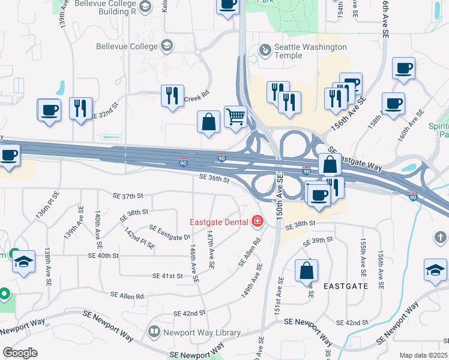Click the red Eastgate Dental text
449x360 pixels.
(x=219, y=222)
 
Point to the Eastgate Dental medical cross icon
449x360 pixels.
(x=258, y=222)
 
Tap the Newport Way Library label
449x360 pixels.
(x=202, y=332)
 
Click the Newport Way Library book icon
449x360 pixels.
(x=155, y=332)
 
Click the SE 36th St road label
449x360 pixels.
(x=214, y=179)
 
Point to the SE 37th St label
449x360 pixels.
(x=128, y=196)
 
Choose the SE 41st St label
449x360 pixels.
(x=168, y=276)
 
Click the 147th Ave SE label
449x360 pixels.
(x=210, y=248)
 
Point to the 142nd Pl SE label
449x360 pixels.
(x=139, y=238)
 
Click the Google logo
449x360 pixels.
(x=20, y=353)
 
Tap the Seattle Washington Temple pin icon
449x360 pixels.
(x=264, y=49)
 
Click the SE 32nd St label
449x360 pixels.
(x=107, y=113)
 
